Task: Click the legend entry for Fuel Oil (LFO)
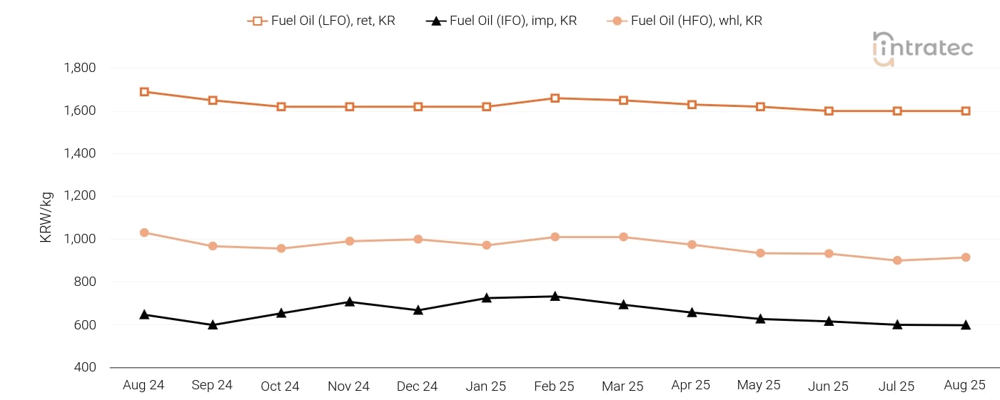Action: click(321, 21)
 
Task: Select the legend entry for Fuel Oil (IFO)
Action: click(501, 21)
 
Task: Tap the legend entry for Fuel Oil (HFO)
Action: click(685, 21)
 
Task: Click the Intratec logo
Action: click(922, 48)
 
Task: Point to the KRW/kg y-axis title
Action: click(46, 217)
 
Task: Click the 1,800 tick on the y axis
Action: click(79, 68)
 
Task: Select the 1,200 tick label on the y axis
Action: click(79, 196)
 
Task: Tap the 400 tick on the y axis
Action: click(84, 367)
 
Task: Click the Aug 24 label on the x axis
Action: click(143, 386)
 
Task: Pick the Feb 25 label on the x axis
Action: click(554, 386)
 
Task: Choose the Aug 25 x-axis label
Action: click(964, 386)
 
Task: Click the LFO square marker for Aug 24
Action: click(144, 92)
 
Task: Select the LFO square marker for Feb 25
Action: click(555, 98)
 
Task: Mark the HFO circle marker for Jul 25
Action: click(897, 260)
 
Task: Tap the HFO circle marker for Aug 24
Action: click(144, 232)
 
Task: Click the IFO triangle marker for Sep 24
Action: click(213, 324)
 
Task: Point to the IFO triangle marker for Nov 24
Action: click(350, 302)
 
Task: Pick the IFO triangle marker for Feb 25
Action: click(555, 296)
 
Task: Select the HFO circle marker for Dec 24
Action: click(418, 239)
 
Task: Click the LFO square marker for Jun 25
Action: click(829, 111)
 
